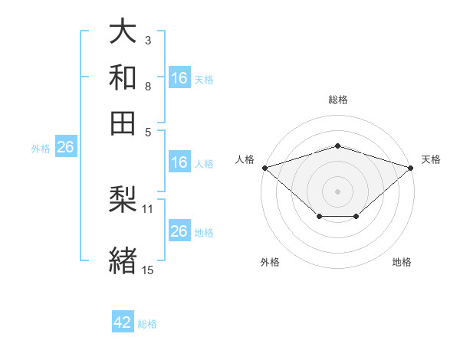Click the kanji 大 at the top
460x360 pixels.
point(123,31)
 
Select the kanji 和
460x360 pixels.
point(123,77)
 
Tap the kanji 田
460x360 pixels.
point(123,123)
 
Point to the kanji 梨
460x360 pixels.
point(123,199)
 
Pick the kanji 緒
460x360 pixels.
point(123,260)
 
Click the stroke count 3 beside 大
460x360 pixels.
point(148,41)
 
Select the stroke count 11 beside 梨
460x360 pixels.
point(147,209)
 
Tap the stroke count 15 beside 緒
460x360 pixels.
point(147,270)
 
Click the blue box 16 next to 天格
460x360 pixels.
point(179,77)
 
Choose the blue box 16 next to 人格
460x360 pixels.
point(179,162)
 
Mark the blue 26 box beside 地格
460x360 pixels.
point(179,230)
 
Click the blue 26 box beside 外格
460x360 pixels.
point(66,146)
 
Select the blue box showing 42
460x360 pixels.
point(123,321)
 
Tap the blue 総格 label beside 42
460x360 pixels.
point(147,324)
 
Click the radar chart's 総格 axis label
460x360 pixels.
point(338,100)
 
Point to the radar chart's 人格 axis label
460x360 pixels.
point(245,159)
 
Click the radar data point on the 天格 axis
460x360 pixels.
point(411,168)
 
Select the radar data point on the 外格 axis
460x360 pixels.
point(320,216)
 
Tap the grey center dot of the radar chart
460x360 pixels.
point(337,191)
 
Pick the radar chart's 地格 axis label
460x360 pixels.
point(402,262)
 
